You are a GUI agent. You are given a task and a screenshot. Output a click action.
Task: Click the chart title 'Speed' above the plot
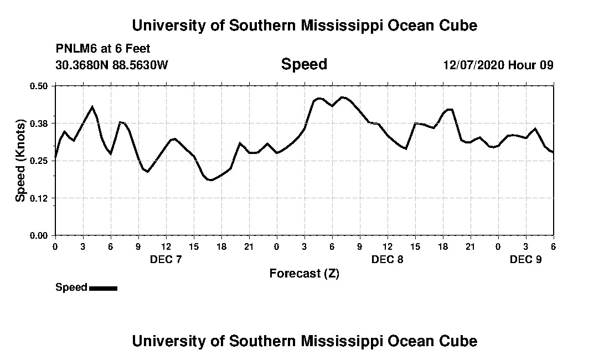[304, 64]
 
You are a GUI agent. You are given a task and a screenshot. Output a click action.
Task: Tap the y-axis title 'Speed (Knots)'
[20, 160]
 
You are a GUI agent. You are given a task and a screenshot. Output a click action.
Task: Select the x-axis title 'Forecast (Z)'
[304, 273]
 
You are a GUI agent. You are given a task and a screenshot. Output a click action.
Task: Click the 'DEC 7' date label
[166, 259]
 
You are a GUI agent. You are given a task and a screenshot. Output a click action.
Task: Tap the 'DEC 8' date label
[388, 259]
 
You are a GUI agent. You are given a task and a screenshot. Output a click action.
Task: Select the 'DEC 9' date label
[525, 259]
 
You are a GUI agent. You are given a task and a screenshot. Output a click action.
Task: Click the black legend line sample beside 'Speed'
[103, 288]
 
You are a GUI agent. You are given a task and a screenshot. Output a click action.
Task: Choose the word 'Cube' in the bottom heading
[461, 341]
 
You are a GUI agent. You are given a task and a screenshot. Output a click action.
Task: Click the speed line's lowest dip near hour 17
[210, 180]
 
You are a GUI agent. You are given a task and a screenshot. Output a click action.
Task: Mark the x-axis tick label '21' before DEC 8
[249, 246]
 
